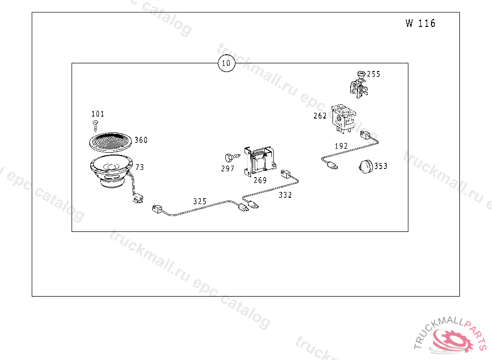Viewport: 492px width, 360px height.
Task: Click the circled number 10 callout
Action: tap(226, 63)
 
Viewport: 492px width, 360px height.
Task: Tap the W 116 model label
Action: tap(420, 24)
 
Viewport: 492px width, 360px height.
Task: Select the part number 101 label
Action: tap(98, 114)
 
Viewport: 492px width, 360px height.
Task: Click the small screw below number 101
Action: tap(95, 126)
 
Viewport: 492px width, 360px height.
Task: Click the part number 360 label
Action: tap(141, 140)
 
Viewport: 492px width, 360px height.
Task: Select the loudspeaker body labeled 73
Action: tap(111, 170)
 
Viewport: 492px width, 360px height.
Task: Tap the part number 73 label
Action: tap(139, 168)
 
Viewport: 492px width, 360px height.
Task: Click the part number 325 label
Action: tap(200, 202)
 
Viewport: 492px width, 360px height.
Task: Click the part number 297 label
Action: tap(228, 169)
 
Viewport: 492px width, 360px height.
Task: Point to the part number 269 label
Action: tap(260, 180)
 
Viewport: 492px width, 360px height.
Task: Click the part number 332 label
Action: tap(285, 195)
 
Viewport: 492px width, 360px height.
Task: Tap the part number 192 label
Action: tap(341, 146)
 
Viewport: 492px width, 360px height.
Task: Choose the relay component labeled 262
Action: tap(344, 117)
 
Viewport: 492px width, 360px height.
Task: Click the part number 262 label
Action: tap(320, 116)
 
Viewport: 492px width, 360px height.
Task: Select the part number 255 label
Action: tap(373, 74)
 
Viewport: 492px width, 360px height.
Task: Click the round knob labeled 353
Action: tap(366, 167)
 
